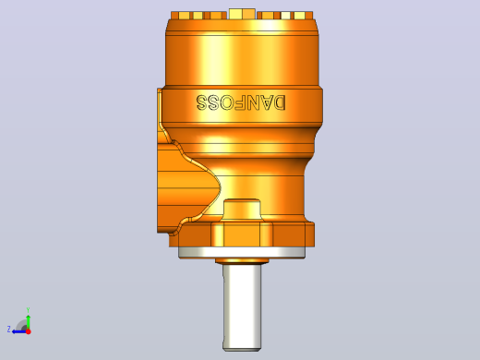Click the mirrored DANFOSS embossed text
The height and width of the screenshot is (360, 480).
point(241,102)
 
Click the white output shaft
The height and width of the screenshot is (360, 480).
point(242,307)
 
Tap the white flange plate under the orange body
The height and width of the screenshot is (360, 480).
point(242,252)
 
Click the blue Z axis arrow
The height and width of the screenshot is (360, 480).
point(19,331)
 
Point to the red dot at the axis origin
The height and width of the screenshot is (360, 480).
point(29,331)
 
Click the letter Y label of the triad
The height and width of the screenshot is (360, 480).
point(28,310)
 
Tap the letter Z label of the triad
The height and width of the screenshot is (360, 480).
point(9,330)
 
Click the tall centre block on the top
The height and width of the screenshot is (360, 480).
point(242,14)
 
